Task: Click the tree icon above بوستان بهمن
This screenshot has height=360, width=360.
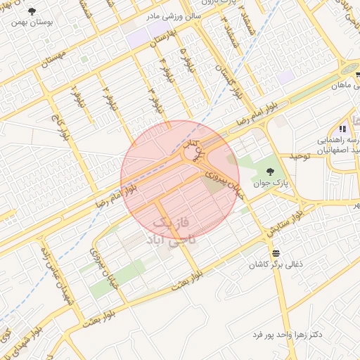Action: (32, 11)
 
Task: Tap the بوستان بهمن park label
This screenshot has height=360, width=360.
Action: (33, 22)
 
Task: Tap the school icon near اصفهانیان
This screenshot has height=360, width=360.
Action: (342, 129)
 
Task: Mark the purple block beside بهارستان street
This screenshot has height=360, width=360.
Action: (138, 38)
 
